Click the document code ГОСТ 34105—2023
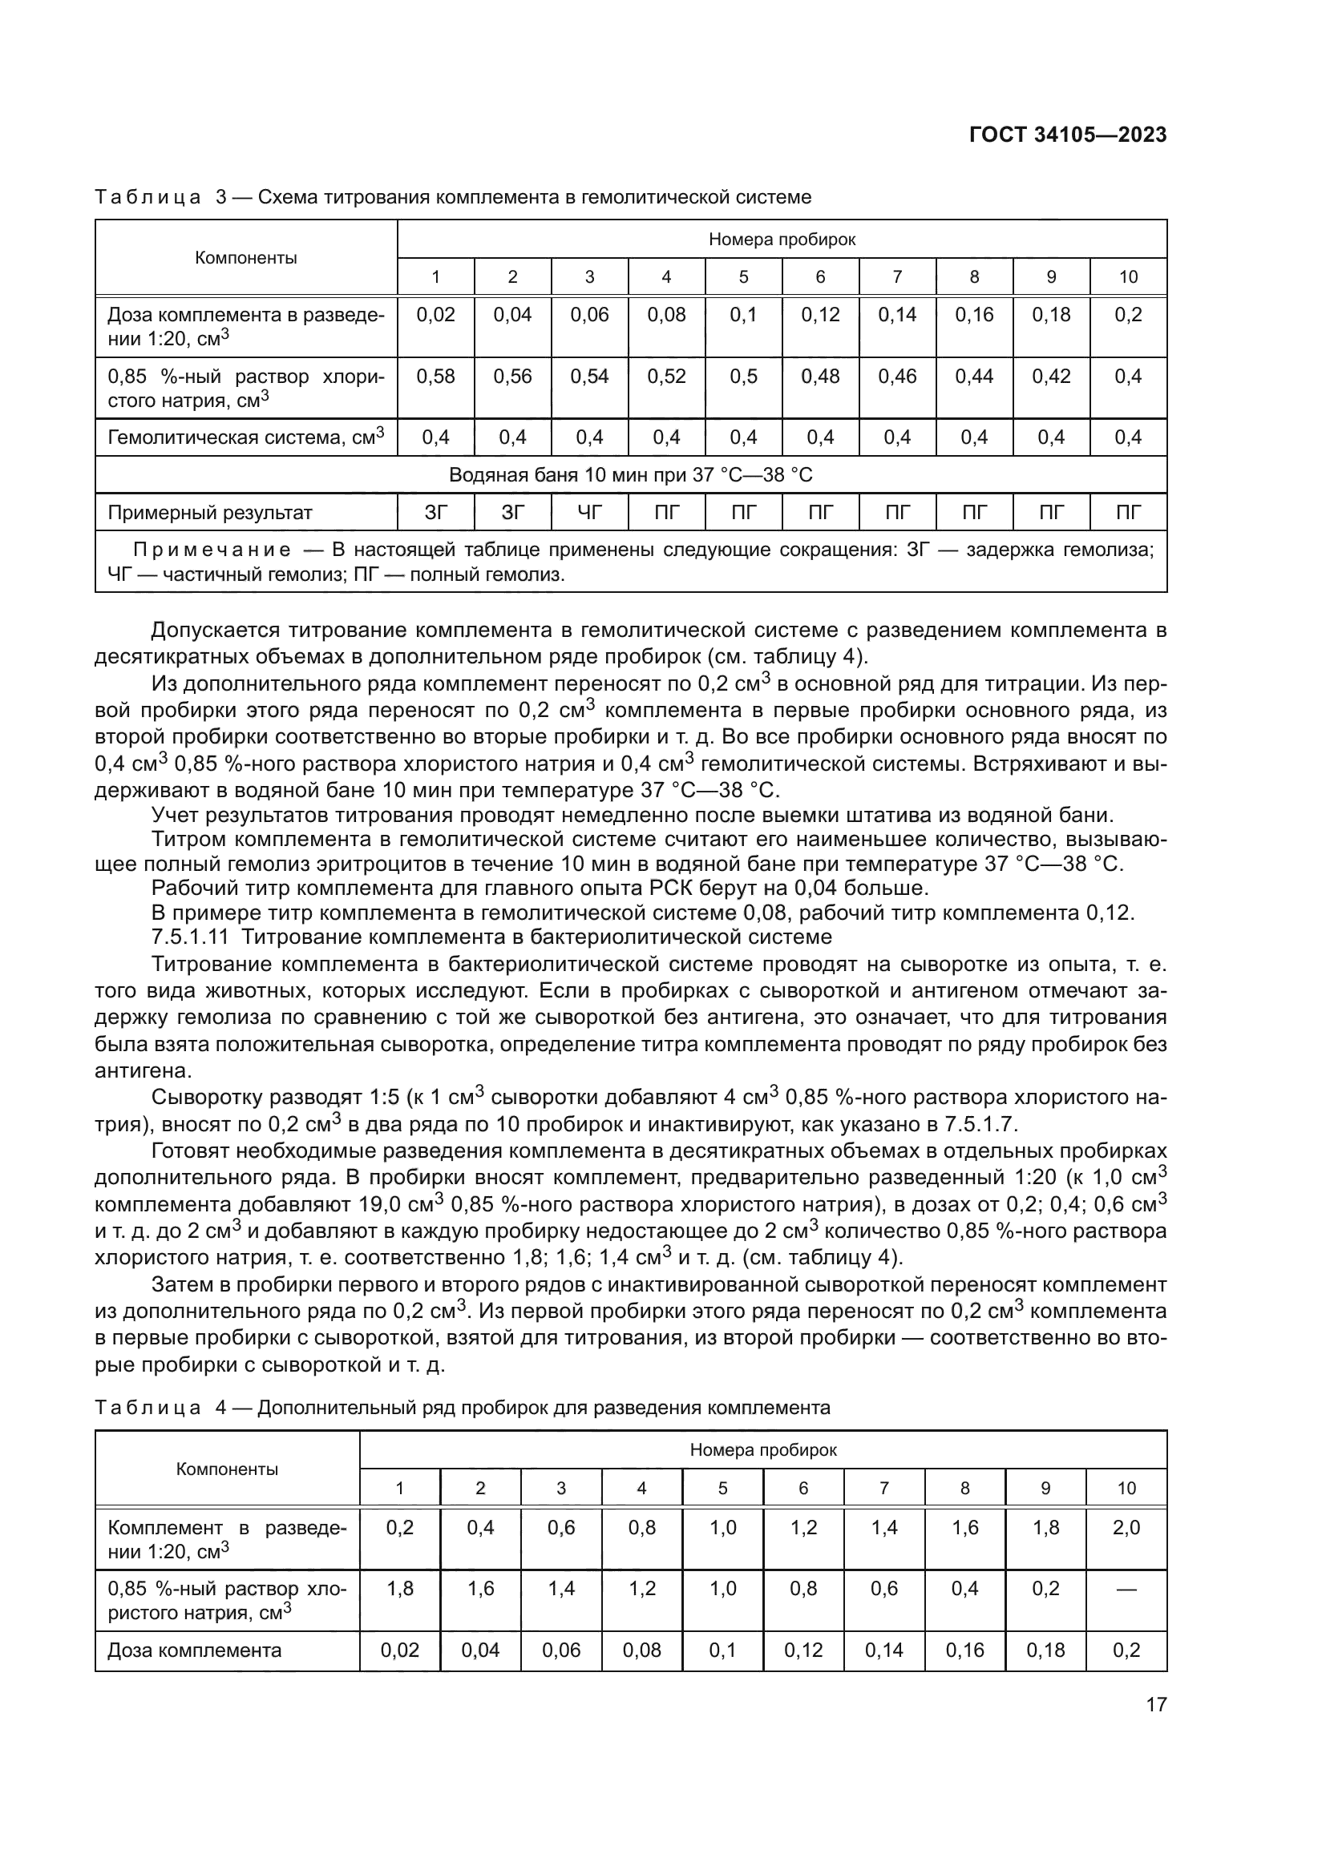pyautogui.click(x=1068, y=135)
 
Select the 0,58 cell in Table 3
pyautogui.click(x=435, y=377)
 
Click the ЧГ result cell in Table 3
pyautogui.click(x=589, y=513)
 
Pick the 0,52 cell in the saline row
pyautogui.click(x=666, y=377)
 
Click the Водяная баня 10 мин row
pyautogui.click(x=630, y=475)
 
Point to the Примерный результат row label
pyautogui.click(x=210, y=513)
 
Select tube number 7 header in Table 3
pyautogui.click(x=897, y=276)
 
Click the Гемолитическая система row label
pyautogui.click(x=246, y=437)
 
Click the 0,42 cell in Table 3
pyautogui.click(x=1051, y=377)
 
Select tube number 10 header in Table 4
pyautogui.click(x=1126, y=1488)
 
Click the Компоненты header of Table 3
pyautogui.click(x=246, y=258)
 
